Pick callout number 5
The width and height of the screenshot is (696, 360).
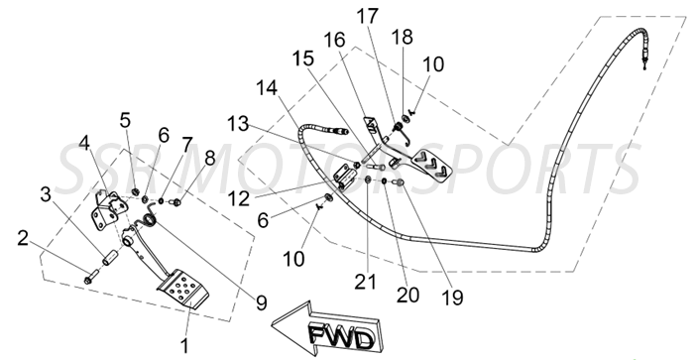tap(124, 121)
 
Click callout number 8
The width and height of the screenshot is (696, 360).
tap(209, 158)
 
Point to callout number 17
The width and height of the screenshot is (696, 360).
tap(368, 16)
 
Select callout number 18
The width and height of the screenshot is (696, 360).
tap(403, 36)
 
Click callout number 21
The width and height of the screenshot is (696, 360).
tap(368, 284)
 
